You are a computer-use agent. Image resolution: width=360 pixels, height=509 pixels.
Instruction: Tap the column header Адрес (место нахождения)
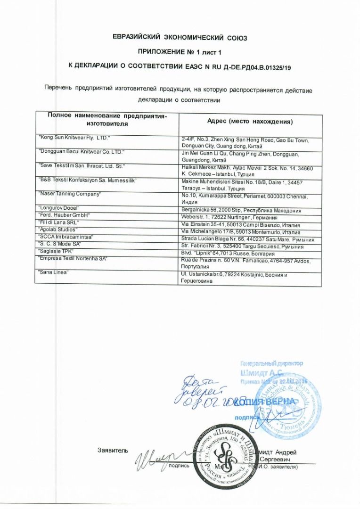pyautogui.click(x=250, y=122)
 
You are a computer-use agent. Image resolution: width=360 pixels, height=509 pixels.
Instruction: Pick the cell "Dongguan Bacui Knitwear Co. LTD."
pyautogui.click(x=81, y=153)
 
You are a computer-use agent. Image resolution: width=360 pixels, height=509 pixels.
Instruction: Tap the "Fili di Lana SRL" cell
pyautogui.click(x=58, y=222)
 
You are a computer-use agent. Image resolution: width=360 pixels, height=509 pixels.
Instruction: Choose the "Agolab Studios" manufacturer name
pyautogui.click(x=57, y=229)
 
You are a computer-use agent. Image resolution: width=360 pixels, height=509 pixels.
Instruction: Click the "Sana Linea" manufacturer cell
pyautogui.click(x=53, y=272)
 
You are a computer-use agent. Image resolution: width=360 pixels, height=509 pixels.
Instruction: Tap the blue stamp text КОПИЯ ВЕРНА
pyautogui.click(x=266, y=401)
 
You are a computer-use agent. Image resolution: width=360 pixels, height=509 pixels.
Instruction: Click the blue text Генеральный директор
pyautogui.click(x=271, y=363)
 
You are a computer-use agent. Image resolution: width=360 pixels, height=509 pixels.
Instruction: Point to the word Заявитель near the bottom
pyautogui.click(x=113, y=450)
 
